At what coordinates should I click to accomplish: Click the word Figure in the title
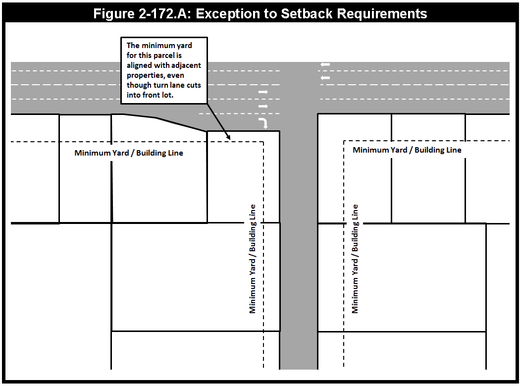(113, 13)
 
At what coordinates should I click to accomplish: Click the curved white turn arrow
(263, 123)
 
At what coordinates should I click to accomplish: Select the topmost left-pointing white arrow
(325, 64)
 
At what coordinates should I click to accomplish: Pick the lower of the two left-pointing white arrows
(325, 78)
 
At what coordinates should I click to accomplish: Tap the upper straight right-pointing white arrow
(263, 92)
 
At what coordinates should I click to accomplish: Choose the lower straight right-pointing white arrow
(263, 106)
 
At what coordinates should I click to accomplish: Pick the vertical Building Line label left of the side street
(253, 233)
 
